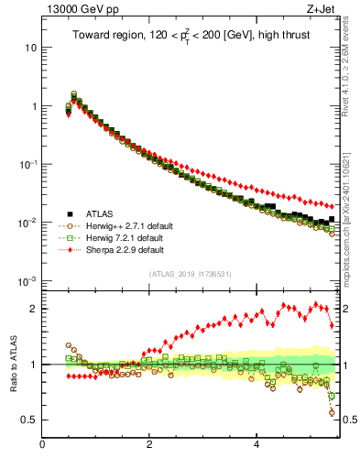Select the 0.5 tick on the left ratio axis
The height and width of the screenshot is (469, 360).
29,420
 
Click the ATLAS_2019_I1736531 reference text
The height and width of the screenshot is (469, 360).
191,274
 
